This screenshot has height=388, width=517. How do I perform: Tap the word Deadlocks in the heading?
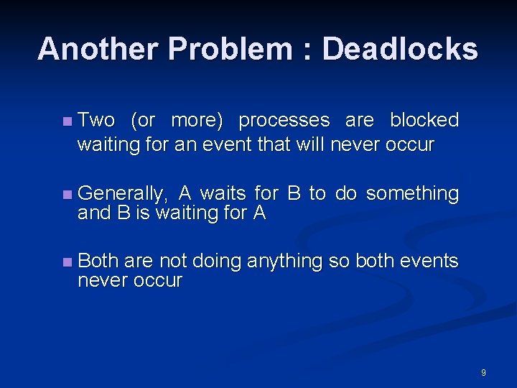(x=400, y=50)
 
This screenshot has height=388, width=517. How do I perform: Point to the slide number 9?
(x=483, y=373)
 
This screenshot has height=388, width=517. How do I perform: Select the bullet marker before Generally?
(x=67, y=194)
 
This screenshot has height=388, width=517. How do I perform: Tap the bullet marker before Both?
(x=67, y=262)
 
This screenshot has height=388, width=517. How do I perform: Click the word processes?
(x=284, y=120)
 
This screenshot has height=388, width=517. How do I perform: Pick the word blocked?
(x=424, y=120)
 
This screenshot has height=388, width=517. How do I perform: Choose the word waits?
(x=223, y=193)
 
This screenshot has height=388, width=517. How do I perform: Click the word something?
(x=411, y=193)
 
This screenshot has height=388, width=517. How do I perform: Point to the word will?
(x=310, y=144)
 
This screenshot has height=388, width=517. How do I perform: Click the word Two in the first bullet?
(x=96, y=120)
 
